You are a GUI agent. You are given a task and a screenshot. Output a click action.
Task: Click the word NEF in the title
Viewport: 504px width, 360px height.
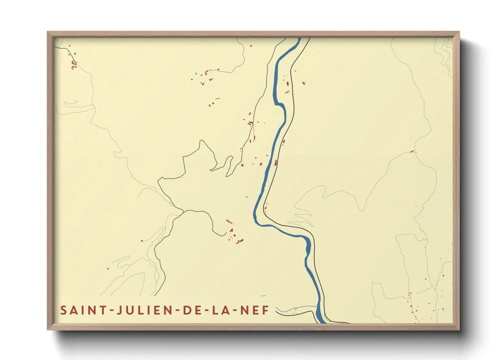pyautogui.click(x=255, y=310)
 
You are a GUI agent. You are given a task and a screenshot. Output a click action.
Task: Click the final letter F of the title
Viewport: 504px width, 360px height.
pyautogui.click(x=266, y=310)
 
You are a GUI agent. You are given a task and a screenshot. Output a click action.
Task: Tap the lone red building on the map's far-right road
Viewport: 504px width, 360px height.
pyautogui.click(x=412, y=151)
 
